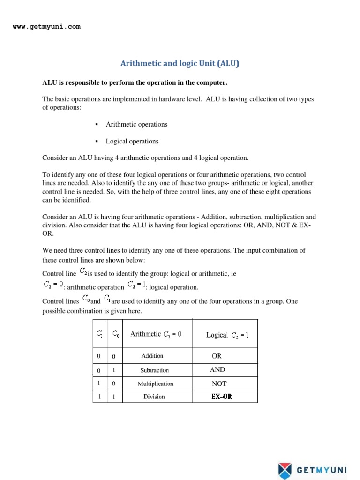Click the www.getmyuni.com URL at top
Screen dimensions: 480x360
46,27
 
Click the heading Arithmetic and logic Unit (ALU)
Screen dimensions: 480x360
180,63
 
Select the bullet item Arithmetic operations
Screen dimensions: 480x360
136,124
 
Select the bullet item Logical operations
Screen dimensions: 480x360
132,141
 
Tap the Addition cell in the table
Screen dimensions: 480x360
152,356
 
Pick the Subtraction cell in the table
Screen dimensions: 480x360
155,370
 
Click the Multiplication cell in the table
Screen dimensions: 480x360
155,383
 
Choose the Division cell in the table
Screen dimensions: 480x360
154,397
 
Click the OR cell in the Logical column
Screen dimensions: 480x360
217,356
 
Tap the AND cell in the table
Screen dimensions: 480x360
217,369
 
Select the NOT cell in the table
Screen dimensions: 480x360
219,383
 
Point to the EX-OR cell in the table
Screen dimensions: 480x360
222,397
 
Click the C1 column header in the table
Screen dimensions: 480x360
99,334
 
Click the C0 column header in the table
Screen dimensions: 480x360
115,334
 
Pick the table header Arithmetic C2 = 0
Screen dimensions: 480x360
156,334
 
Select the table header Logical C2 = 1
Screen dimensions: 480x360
228,335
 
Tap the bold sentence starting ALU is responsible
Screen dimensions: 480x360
135,83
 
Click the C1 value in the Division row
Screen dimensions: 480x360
99,397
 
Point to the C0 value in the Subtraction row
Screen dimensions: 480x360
114,370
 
